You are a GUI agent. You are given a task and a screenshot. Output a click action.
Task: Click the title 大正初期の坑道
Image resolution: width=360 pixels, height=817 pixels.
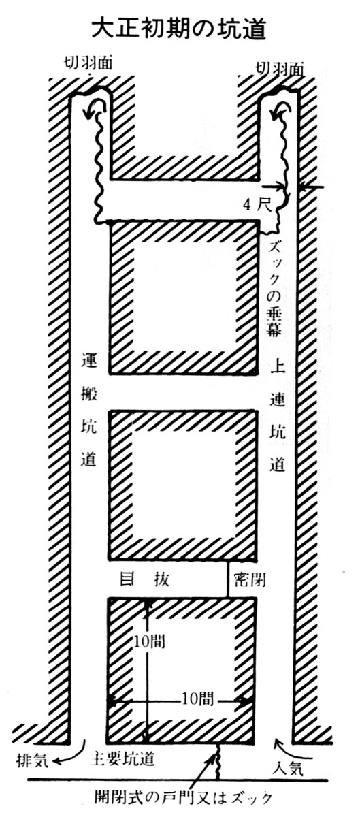178,29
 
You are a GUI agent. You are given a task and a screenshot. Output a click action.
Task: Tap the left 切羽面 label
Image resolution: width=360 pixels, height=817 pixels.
88,64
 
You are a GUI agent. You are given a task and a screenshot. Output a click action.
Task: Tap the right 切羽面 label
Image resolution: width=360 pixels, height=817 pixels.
280,69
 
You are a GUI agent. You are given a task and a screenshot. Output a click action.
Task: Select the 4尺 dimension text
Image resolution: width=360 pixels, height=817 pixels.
257,206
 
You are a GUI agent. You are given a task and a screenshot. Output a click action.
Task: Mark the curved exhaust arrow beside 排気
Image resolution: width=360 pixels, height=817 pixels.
75,752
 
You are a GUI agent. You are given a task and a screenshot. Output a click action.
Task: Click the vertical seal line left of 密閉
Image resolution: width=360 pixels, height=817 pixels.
228,578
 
